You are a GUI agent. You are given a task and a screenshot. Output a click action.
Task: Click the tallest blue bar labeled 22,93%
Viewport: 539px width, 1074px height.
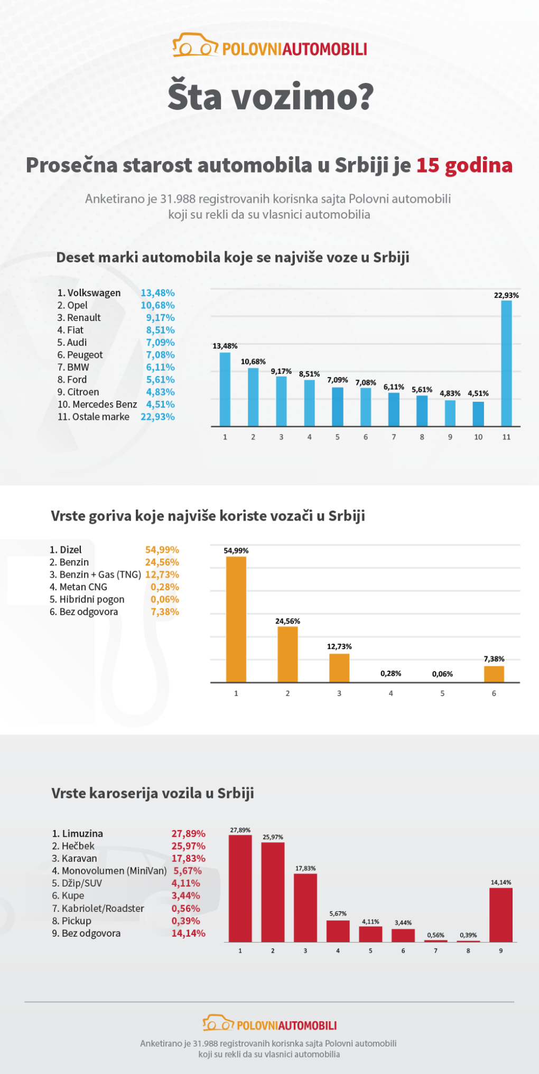pyautogui.click(x=506, y=363)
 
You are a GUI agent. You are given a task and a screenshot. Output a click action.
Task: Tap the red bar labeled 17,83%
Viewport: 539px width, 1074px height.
pyautogui.click(x=305, y=908)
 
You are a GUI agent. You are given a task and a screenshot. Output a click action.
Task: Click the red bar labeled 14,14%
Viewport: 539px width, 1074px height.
pyautogui.click(x=500, y=915)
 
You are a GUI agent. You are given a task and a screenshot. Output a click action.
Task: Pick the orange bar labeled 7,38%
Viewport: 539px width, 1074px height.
pyautogui.click(x=494, y=674)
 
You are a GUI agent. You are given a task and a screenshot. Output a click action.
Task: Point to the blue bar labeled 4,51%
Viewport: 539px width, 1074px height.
pyautogui.click(x=478, y=414)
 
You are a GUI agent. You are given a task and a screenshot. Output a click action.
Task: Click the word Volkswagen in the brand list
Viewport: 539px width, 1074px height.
pyautogui.click(x=94, y=293)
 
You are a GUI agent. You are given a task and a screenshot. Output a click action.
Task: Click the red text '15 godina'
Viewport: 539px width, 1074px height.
pyautogui.click(x=464, y=165)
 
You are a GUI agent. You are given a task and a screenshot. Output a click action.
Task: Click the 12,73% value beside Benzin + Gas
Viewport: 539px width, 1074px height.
pyautogui.click(x=162, y=574)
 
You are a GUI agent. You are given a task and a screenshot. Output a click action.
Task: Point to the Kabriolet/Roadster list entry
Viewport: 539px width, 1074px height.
pyautogui.click(x=103, y=908)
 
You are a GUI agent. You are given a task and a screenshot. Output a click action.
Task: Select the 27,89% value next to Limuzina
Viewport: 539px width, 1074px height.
pyautogui.click(x=188, y=834)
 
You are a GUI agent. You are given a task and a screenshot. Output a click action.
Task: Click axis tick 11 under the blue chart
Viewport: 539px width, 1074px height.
pyautogui.click(x=506, y=437)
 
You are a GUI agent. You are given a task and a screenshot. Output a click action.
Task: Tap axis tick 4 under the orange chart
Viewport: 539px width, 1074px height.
pyautogui.click(x=391, y=693)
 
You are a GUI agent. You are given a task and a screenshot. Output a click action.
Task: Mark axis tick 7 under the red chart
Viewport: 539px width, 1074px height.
pyautogui.click(x=435, y=950)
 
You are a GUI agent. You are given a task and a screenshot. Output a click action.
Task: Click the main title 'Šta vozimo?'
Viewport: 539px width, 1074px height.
pyautogui.click(x=271, y=97)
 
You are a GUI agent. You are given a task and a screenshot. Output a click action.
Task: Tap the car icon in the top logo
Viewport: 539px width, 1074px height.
pyautogui.click(x=194, y=46)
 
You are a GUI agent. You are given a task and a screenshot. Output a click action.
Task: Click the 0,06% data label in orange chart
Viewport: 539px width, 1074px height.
pyautogui.click(x=442, y=674)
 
